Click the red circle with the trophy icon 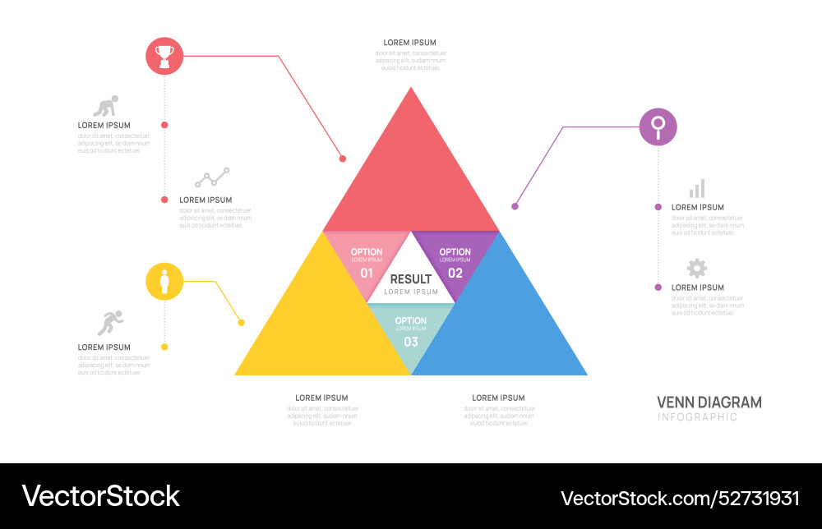click(164, 56)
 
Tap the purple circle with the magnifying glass click(658, 126)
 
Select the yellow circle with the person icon click(164, 282)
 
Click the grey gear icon click(697, 268)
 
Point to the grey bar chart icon click(697, 189)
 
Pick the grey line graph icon click(212, 177)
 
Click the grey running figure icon click(109, 323)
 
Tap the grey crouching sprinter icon click(104, 107)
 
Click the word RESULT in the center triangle click(411, 279)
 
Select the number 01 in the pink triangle click(367, 273)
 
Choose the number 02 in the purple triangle click(455, 273)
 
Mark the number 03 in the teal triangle click(411, 342)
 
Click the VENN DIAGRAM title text click(709, 402)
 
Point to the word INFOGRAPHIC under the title click(697, 417)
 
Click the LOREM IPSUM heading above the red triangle click(410, 43)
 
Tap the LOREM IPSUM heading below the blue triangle click(498, 398)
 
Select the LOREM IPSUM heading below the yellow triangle click(321, 398)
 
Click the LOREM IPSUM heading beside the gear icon click(698, 287)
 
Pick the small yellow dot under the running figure click(164, 347)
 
